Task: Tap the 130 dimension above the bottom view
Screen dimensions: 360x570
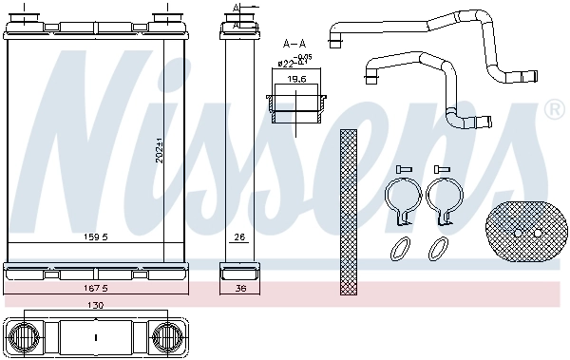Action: tap(95, 306)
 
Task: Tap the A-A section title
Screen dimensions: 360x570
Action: tap(294, 43)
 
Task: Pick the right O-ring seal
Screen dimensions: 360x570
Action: tap(438, 249)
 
